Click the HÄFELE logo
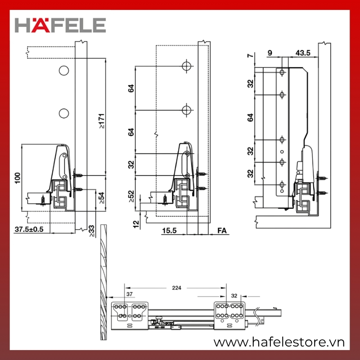pos(60,25)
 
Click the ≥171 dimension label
pos(102,121)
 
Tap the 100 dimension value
pos(18,178)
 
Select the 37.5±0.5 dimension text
pos(29,229)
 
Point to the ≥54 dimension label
pos(101,198)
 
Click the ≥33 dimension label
pos(91,231)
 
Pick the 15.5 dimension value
pos(169,230)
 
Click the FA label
pos(222,230)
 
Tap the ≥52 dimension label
pos(131,196)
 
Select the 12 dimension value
pos(136,224)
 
